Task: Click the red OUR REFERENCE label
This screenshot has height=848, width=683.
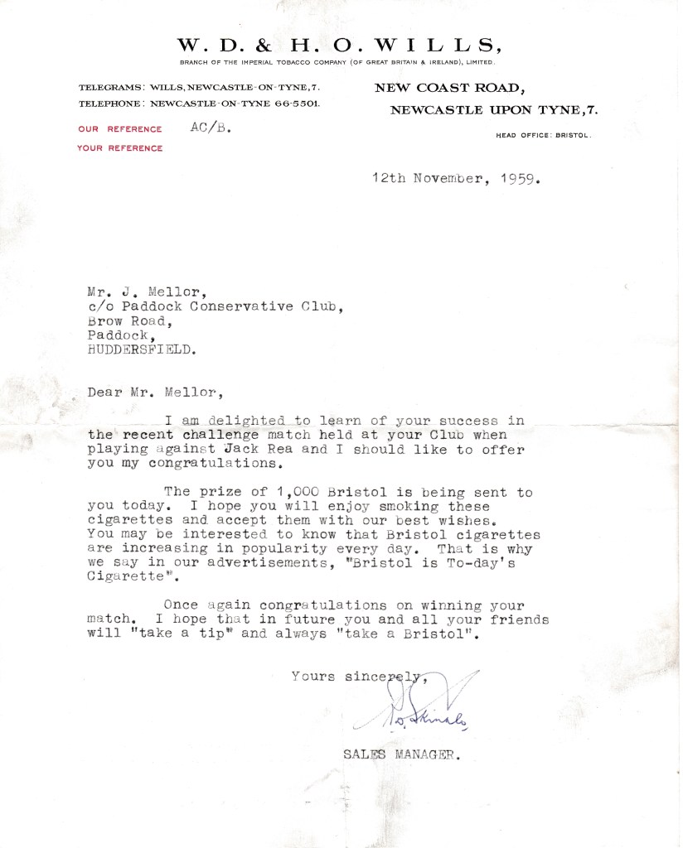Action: point(120,129)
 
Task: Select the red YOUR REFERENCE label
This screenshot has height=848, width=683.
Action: point(120,148)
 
